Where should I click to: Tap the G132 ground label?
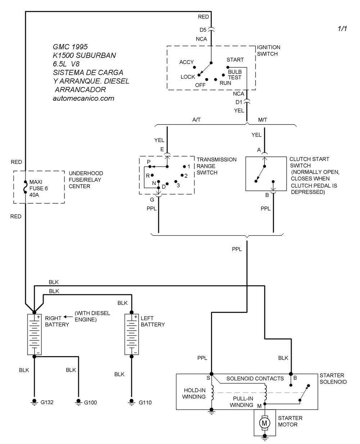pyautogui.click(x=47, y=402)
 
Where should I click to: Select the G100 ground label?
pyautogui.click(x=90, y=403)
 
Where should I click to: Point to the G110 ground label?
pyautogui.click(x=145, y=403)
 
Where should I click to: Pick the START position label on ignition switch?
pyautogui.click(x=235, y=60)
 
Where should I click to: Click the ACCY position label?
pyautogui.click(x=186, y=62)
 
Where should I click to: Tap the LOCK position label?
pyautogui.click(x=188, y=77)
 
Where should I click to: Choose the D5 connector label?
pyautogui.click(x=203, y=30)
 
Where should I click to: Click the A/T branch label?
pyautogui.click(x=197, y=119)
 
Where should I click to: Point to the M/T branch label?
pyautogui.click(x=263, y=119)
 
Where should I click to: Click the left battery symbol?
pyautogui.click(x=132, y=334)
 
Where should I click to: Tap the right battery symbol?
pyautogui.click(x=35, y=334)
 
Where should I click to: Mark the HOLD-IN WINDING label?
pyautogui.click(x=194, y=393)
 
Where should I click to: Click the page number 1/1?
pyautogui.click(x=342, y=29)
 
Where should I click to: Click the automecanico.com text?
pyautogui.click(x=83, y=98)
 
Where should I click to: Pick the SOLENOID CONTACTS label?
pyautogui.click(x=255, y=379)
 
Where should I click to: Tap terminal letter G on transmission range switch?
pyautogui.click(x=152, y=200)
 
